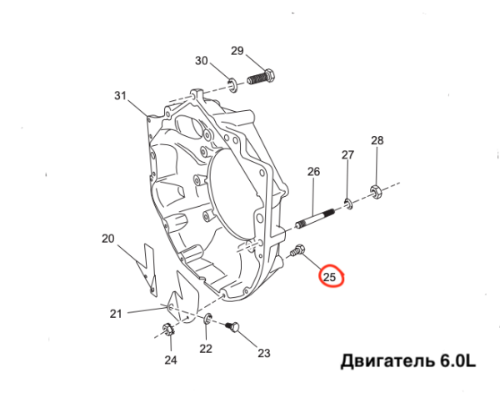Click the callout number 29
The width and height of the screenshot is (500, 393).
(x=237, y=52)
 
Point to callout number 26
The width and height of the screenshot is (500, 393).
(x=313, y=172)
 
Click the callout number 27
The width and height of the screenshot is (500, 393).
(x=347, y=154)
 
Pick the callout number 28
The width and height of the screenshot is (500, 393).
(x=377, y=140)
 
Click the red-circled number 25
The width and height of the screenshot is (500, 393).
(x=330, y=277)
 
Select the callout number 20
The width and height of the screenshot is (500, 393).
(x=107, y=239)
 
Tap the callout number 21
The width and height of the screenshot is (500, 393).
(x=116, y=314)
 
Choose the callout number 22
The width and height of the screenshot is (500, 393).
(x=206, y=348)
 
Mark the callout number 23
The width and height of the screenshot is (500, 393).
(x=264, y=353)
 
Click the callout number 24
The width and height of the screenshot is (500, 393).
(x=170, y=360)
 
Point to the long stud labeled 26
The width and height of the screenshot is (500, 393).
(x=313, y=216)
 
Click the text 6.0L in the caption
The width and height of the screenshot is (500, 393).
(x=457, y=361)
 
